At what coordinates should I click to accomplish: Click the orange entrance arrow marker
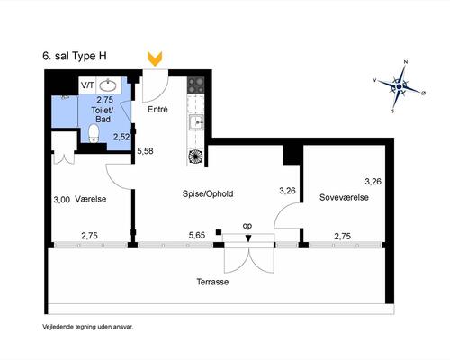pyautogui.click(x=155, y=58)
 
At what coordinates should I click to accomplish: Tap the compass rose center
pyautogui.click(x=399, y=86)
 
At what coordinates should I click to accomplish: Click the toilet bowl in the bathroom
pyautogui.click(x=94, y=133)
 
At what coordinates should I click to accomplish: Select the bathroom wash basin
pyautogui.click(x=108, y=85)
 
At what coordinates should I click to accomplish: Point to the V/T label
pyautogui.click(x=87, y=85)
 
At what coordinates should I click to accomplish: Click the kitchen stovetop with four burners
pyautogui.click(x=195, y=85)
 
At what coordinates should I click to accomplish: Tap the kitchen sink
pyautogui.click(x=196, y=122)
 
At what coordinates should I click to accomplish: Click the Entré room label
pyautogui.click(x=157, y=110)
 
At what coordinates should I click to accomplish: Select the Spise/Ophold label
pyautogui.click(x=208, y=193)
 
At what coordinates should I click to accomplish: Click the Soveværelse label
pyautogui.click(x=344, y=197)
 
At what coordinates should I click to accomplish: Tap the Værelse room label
pyautogui.click(x=91, y=199)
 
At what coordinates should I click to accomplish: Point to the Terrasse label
pyautogui.click(x=212, y=282)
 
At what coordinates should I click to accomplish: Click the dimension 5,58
pyautogui.click(x=145, y=151)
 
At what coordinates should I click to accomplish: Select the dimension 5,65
pyautogui.click(x=197, y=236)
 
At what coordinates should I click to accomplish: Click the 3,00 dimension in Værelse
pyautogui.click(x=62, y=200)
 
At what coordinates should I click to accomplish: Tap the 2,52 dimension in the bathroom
pyautogui.click(x=121, y=137)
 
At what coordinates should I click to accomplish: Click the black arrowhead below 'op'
pyautogui.click(x=248, y=238)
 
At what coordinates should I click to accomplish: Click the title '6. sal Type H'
pyautogui.click(x=75, y=56)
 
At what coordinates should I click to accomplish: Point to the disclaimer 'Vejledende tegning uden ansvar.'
pyautogui.click(x=88, y=327)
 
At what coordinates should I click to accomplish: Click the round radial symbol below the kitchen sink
pyautogui.click(x=195, y=157)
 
